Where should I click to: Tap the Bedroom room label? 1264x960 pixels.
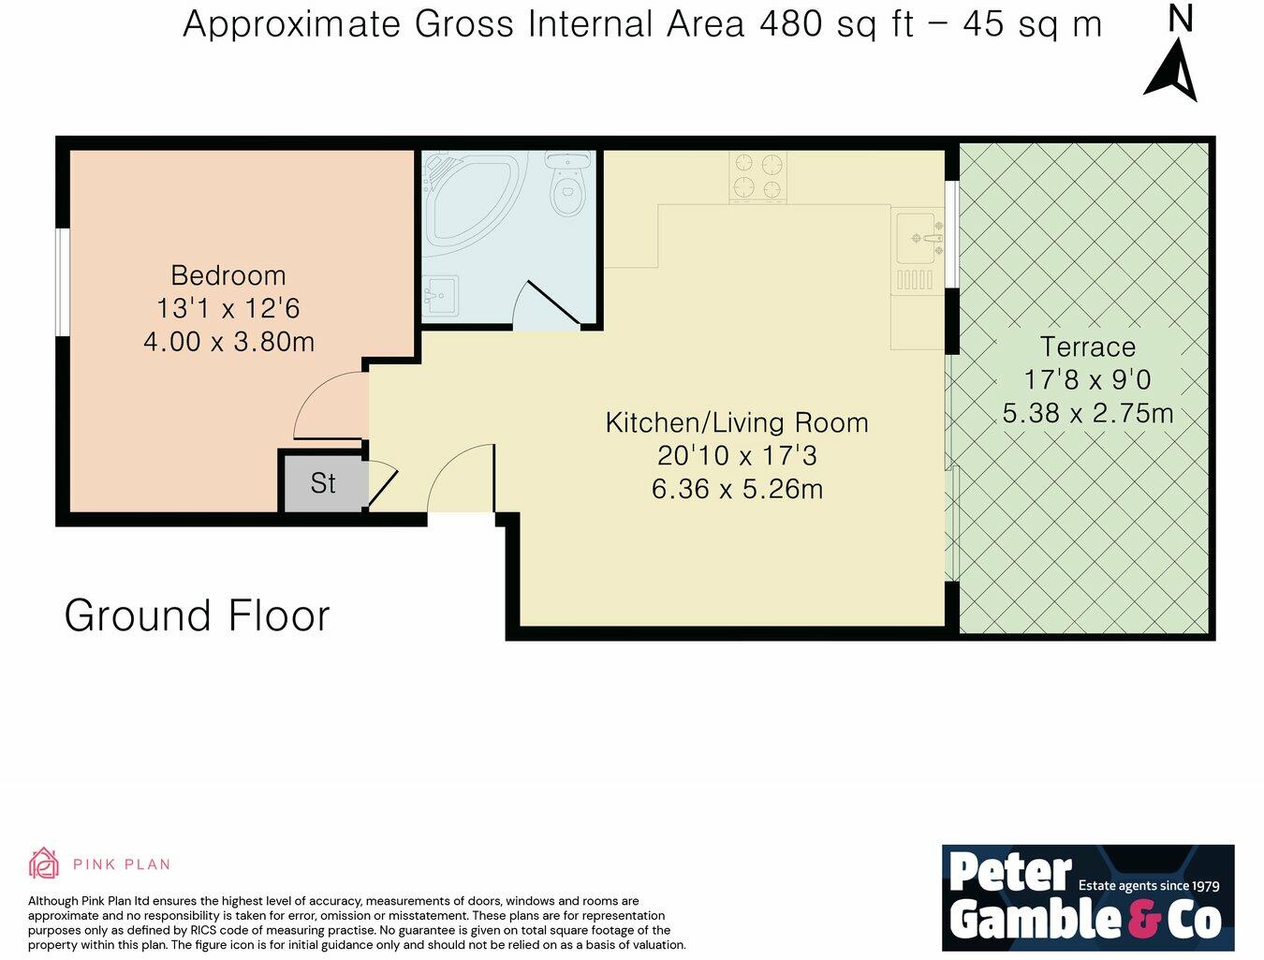pyautogui.click(x=228, y=275)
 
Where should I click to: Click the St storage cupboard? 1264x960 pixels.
pyautogui.click(x=323, y=483)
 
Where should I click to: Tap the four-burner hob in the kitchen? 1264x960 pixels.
pyautogui.click(x=757, y=177)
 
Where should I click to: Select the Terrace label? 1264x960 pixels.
pyautogui.click(x=1087, y=347)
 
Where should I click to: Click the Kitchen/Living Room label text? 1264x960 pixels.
pyautogui.click(x=737, y=422)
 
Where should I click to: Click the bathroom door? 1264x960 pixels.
pyautogui.click(x=552, y=303)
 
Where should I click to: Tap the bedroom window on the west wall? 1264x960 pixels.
pyautogui.click(x=62, y=281)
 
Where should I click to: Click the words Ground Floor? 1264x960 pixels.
pyautogui.click(x=197, y=616)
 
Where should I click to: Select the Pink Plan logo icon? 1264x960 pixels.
pyautogui.click(x=43, y=864)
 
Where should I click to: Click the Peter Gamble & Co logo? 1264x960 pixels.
pyautogui.click(x=1087, y=897)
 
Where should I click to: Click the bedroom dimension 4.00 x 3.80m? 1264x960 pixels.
pyautogui.click(x=228, y=342)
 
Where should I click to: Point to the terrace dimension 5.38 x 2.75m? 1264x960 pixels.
pyautogui.click(x=1087, y=413)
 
